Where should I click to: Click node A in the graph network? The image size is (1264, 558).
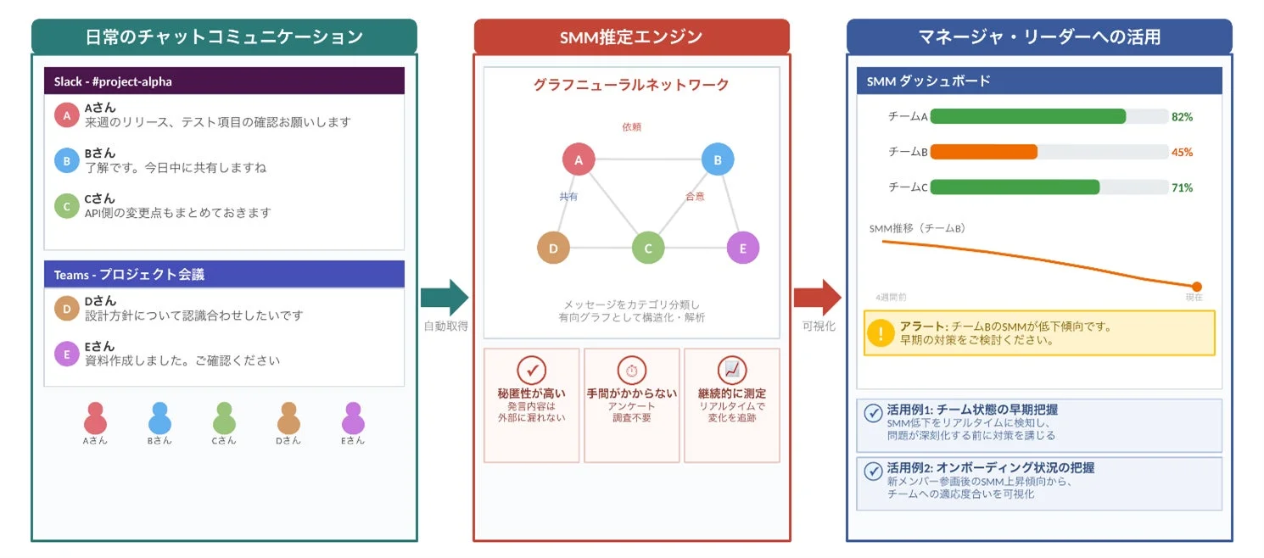pos(579,159)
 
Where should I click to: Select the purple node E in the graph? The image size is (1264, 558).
pos(743,248)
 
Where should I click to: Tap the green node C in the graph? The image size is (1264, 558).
pos(648,248)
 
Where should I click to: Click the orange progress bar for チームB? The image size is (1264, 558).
pos(984,152)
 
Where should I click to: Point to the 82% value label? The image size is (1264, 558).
pos(1182,117)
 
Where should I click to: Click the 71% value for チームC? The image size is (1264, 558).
pos(1182,187)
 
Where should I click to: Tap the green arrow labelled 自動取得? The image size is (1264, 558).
pos(445,298)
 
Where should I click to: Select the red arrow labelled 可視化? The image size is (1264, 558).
pos(817,298)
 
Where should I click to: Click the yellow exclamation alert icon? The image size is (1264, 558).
pos(881,333)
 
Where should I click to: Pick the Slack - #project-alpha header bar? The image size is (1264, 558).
pos(224,81)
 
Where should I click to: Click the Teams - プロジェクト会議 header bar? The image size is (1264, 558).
pos(224,275)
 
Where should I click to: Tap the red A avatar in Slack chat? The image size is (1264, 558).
pos(66,115)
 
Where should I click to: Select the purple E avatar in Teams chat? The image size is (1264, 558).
pos(66,354)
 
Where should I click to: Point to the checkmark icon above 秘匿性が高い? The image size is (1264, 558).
pos(532,370)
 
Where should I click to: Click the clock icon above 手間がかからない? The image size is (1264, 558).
pos(632,370)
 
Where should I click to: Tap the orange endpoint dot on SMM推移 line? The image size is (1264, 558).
pos(1197,287)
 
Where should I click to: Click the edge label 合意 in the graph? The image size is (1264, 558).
pos(695,197)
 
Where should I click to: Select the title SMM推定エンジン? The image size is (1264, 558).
pos(631,37)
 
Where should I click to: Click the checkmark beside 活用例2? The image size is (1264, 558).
pos(873,472)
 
